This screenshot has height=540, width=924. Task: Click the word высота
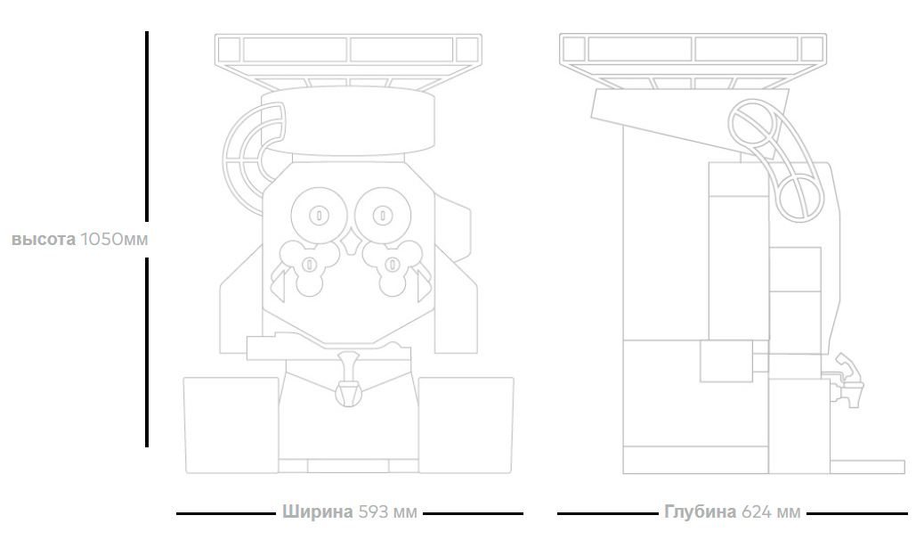pyautogui.click(x=43, y=240)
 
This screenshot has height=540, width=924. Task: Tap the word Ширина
pyautogui.click(x=317, y=512)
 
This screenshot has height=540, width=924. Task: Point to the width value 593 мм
pyautogui.click(x=387, y=512)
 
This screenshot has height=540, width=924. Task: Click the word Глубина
pyautogui.click(x=700, y=512)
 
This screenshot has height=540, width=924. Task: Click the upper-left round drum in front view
pyautogui.click(x=317, y=214)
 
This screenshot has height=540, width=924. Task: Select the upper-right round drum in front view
pyautogui.click(x=381, y=214)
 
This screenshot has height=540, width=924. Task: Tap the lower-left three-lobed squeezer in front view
pyautogui.click(x=307, y=265)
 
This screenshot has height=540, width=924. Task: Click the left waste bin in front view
pyautogui.click(x=231, y=424)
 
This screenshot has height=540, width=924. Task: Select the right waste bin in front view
pyautogui.click(x=466, y=424)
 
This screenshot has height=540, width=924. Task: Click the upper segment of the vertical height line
pyautogui.click(x=147, y=125)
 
